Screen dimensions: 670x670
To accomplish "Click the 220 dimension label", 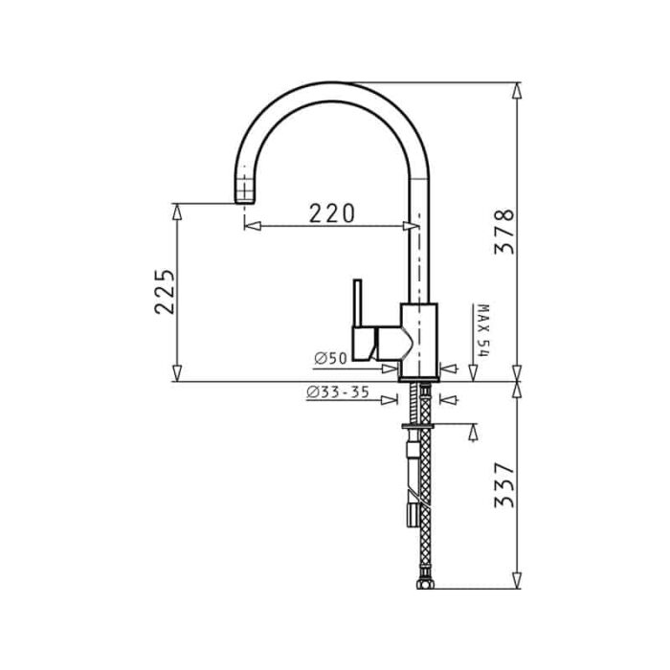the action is pyautogui.click(x=331, y=213).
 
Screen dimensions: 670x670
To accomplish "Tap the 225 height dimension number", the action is pyautogui.click(x=165, y=291).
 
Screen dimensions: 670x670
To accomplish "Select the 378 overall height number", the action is pyautogui.click(x=504, y=232).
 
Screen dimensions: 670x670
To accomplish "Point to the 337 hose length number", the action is pyautogui.click(x=504, y=485).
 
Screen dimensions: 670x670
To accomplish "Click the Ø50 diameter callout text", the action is pyautogui.click(x=331, y=358).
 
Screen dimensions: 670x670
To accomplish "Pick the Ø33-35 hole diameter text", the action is pyautogui.click(x=338, y=391).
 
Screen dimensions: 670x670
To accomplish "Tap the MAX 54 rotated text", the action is pyautogui.click(x=483, y=331).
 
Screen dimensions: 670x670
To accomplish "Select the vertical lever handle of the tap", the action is pyautogui.click(x=358, y=303).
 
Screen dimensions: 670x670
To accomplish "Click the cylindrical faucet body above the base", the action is pyautogui.click(x=419, y=340).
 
